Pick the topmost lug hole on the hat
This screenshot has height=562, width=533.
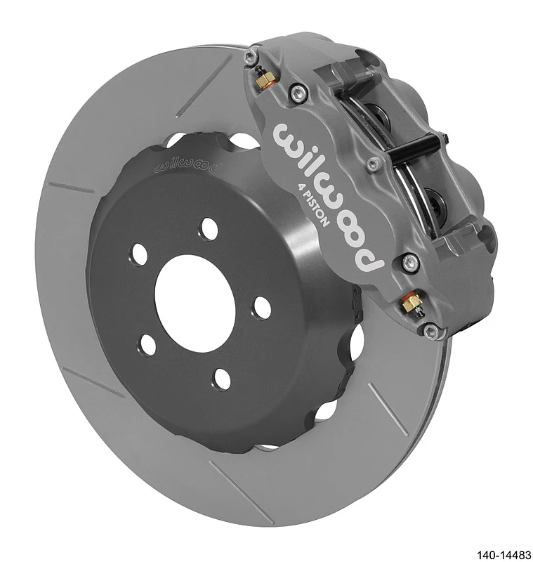coord(209,229)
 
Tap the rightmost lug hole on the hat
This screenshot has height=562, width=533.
coord(262,308)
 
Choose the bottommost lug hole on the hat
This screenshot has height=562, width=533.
coord(222,379)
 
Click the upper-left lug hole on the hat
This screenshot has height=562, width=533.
coord(139,254)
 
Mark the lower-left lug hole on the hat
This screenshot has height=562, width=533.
coord(147,344)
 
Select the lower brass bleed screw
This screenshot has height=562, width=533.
coord(411,303)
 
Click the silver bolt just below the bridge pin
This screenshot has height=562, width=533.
coord(374,164)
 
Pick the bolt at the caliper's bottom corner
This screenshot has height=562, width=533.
coord(431,330)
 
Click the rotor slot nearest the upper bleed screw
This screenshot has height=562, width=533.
coord(204,87)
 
